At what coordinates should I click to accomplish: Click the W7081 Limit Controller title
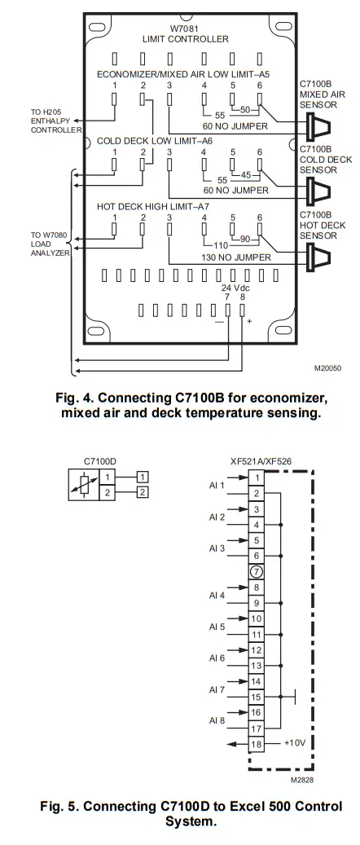click(x=188, y=33)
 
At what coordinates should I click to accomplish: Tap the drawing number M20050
click(x=327, y=368)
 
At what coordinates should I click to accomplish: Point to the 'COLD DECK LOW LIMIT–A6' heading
click(x=154, y=140)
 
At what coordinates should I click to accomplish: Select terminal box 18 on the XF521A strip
click(x=256, y=744)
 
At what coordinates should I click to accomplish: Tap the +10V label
click(x=294, y=744)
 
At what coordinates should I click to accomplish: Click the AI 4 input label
click(x=216, y=595)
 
